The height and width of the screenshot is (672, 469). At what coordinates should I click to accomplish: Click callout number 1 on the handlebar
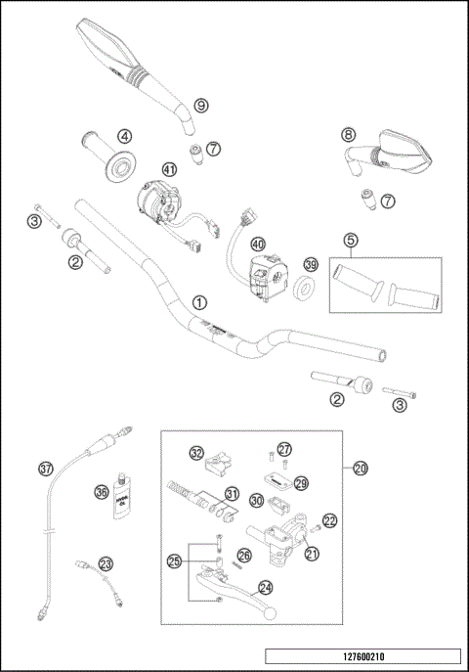(x=199, y=302)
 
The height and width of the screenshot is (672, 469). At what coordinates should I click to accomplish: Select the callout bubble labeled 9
(x=200, y=105)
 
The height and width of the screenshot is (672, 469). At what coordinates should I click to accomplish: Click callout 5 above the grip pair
(x=349, y=240)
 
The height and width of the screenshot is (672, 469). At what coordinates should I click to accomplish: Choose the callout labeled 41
(x=169, y=169)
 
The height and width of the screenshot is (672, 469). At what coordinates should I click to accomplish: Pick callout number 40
(x=258, y=243)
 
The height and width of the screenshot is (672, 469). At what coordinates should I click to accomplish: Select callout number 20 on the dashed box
(x=361, y=469)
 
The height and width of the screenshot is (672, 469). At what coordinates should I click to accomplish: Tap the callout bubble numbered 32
(x=196, y=453)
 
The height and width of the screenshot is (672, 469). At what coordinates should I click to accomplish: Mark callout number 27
(x=283, y=449)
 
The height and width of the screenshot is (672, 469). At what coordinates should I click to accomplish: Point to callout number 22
(x=329, y=521)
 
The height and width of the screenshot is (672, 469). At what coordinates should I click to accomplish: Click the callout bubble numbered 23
(x=105, y=563)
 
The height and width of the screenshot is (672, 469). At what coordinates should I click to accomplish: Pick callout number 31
(x=232, y=492)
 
